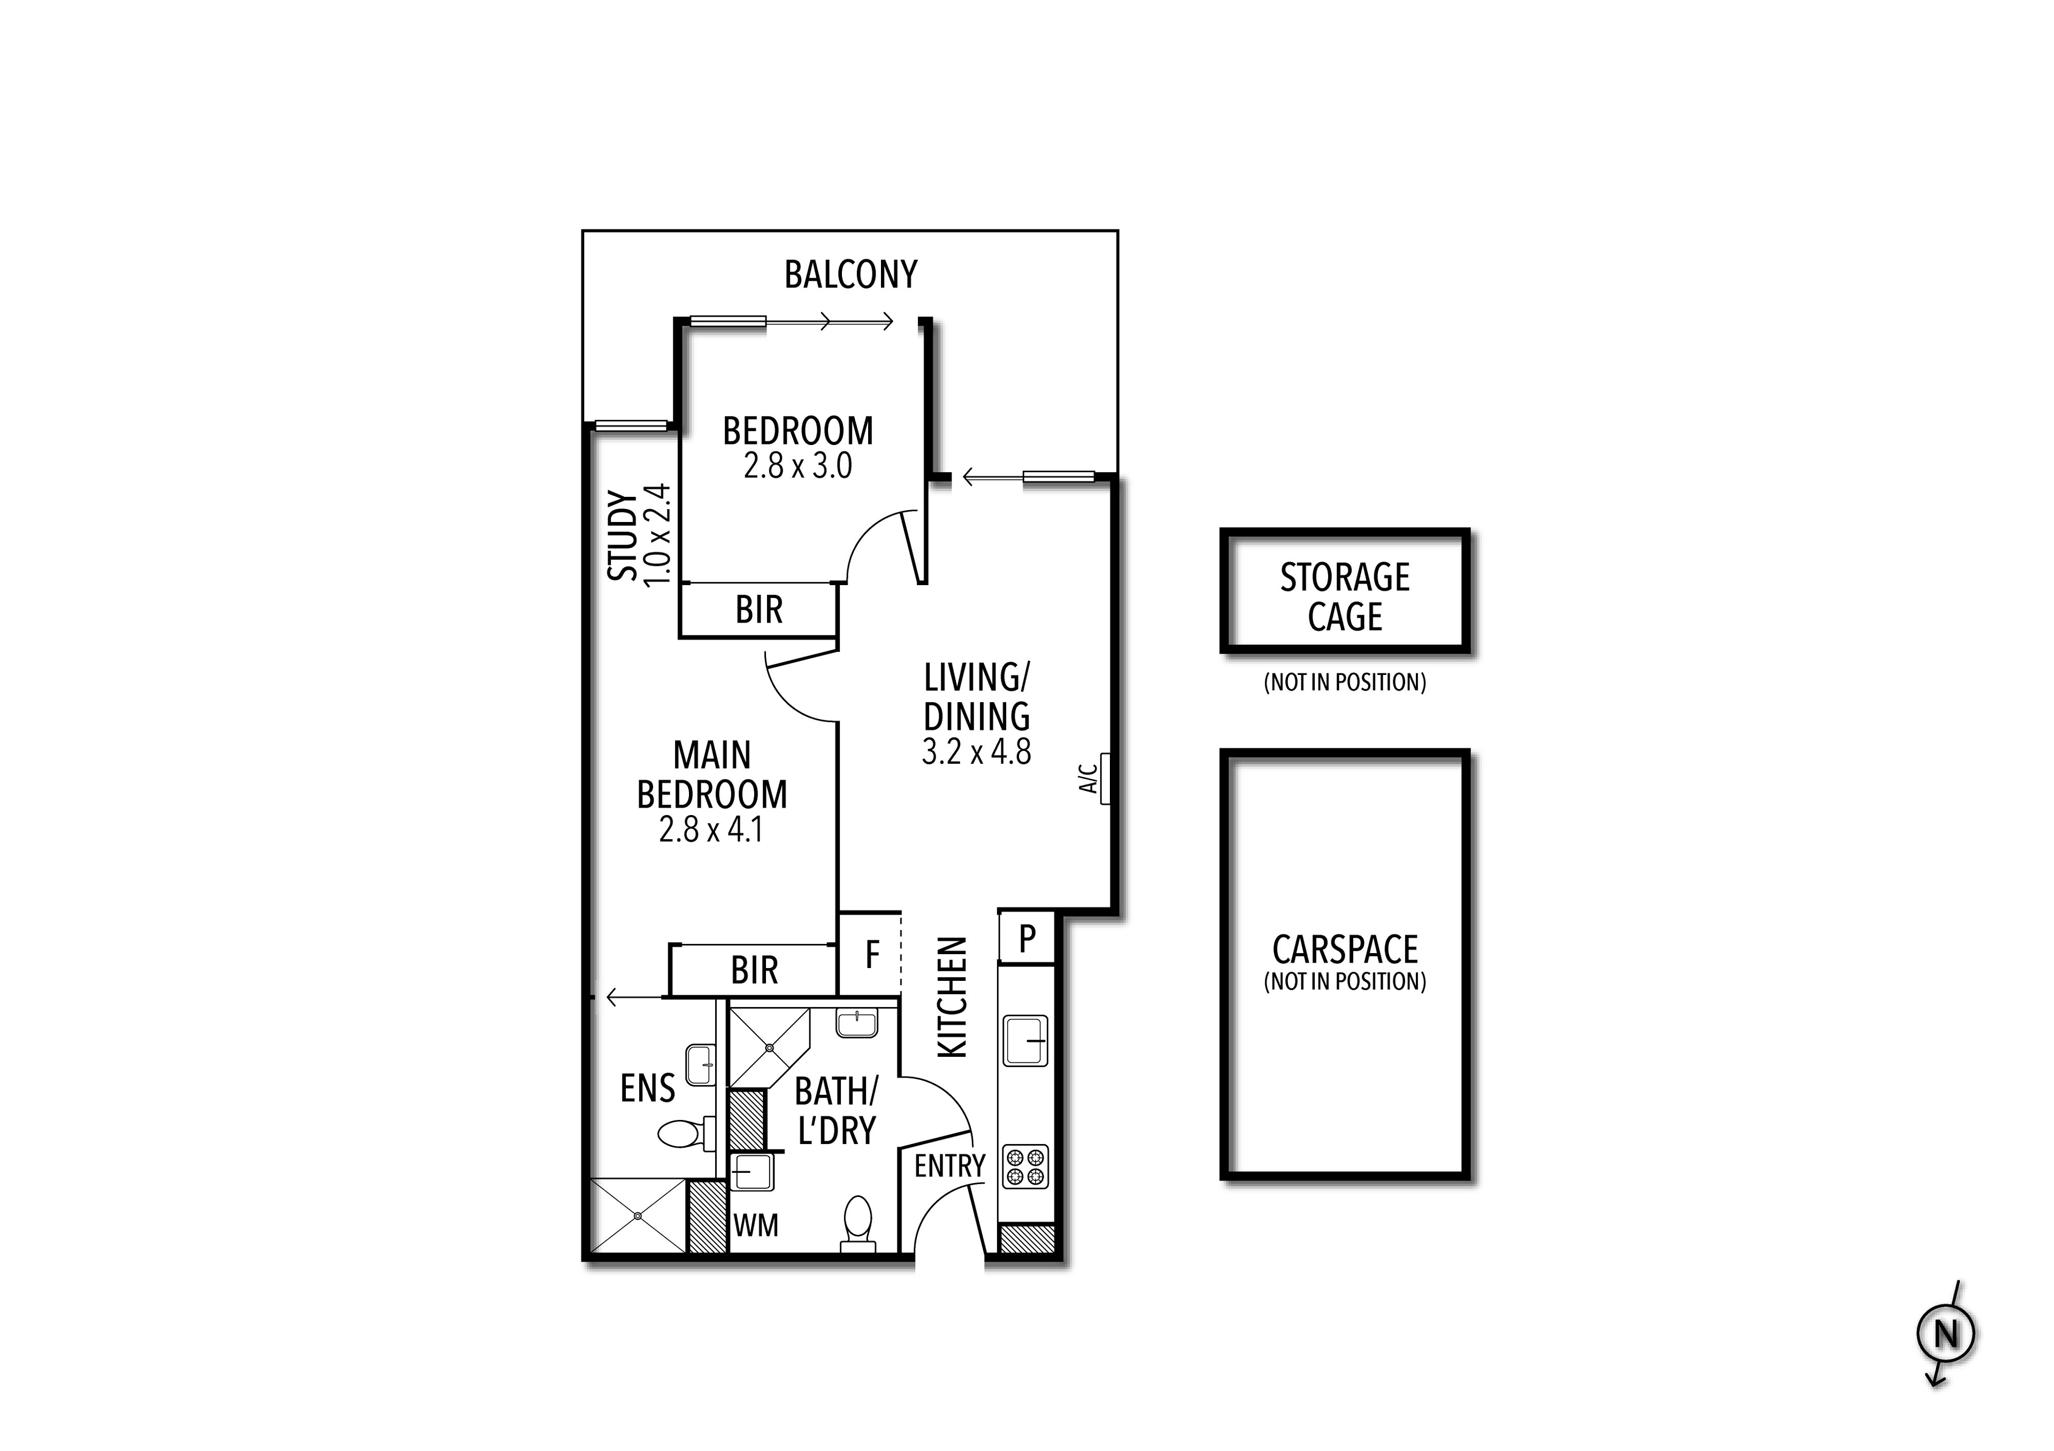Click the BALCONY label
coord(851,274)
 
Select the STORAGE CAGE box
coord(1345,592)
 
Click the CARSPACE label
coord(1345,950)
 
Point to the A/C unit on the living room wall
coord(1105,778)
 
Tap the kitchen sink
coord(1025,1040)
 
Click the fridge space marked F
coord(871,955)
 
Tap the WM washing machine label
coord(756,1225)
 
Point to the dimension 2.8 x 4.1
coord(711,830)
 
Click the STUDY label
coord(623,535)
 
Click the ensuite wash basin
coord(701,1064)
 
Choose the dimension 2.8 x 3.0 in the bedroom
coord(797,466)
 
